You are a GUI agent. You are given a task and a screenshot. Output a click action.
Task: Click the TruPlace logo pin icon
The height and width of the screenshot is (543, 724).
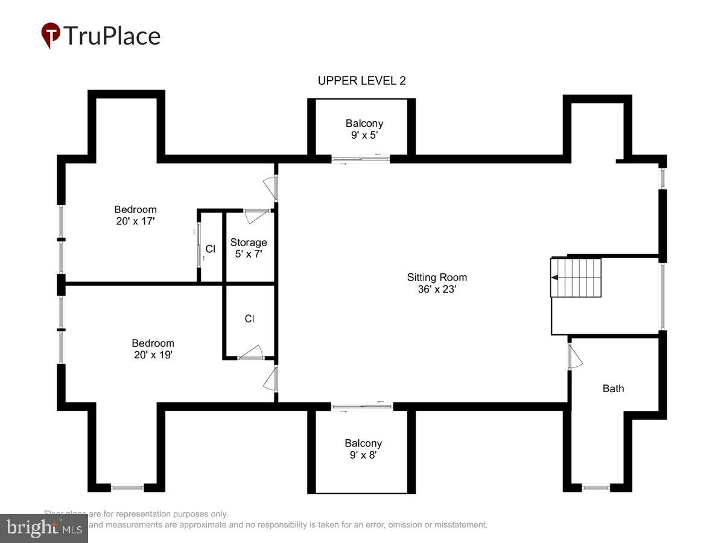[x=51, y=35]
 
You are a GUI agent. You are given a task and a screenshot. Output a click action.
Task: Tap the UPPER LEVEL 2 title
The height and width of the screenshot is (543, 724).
[x=361, y=81]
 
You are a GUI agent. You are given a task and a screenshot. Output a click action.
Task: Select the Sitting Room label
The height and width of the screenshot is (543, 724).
[x=437, y=283]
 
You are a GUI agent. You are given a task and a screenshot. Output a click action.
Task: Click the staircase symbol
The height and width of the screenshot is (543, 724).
[x=576, y=278]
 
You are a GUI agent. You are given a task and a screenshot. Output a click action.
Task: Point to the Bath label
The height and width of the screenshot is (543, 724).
[x=613, y=388]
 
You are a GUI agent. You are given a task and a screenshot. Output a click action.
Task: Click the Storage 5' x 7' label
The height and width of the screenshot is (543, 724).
[x=249, y=248]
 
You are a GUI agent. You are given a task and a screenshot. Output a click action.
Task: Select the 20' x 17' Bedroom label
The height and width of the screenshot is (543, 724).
[x=135, y=215]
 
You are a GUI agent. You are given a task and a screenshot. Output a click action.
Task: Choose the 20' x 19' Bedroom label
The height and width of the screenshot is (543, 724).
[x=153, y=349]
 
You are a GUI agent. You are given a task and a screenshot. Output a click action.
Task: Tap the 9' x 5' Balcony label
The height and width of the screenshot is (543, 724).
[x=364, y=129]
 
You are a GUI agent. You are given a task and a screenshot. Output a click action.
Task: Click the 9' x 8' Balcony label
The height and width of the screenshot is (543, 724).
[x=363, y=449]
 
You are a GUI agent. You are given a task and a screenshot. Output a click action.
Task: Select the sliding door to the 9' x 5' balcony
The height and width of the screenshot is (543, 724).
[x=361, y=159]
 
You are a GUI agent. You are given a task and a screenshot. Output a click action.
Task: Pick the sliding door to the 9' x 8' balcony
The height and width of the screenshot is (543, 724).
[x=362, y=407]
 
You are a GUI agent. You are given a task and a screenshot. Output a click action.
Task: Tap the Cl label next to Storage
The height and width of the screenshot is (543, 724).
[x=210, y=249]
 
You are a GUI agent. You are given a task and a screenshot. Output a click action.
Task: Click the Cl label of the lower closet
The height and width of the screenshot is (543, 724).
[x=250, y=319]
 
